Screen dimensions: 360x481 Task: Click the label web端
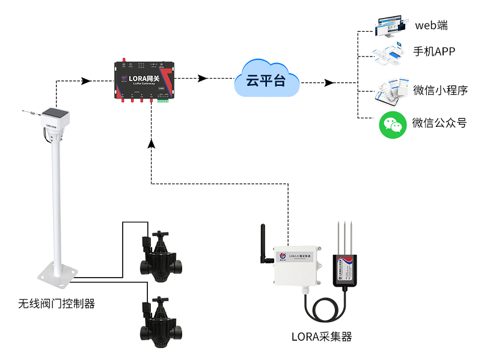point(432,25)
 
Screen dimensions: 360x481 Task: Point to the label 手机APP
point(434,52)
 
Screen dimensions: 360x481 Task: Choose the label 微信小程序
point(440,90)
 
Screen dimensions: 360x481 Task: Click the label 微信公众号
point(440,123)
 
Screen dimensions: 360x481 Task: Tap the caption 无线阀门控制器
point(57,304)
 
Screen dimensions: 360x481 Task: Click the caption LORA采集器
point(321,337)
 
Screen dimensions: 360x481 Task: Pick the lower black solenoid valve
point(161,322)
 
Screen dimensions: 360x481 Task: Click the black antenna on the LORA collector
point(263,246)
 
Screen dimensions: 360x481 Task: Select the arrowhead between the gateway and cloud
point(203,78)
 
